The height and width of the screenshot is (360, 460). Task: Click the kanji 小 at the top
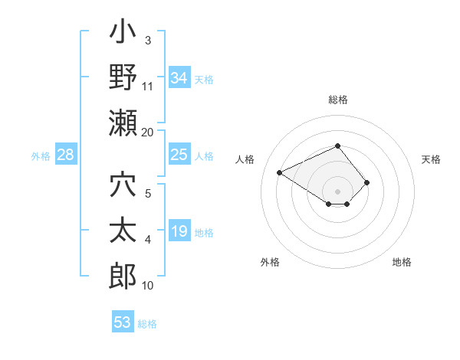[x=123, y=35]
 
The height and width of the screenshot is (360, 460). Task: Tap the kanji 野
[x=123, y=78]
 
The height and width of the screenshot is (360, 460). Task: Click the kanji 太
[x=123, y=232]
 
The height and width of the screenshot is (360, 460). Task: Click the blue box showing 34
[x=179, y=78]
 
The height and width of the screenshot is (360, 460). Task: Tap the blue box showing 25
[x=179, y=155]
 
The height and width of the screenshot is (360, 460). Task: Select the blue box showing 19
[x=179, y=232]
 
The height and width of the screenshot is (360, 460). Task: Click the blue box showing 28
[x=66, y=155]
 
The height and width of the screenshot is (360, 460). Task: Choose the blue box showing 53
[x=123, y=322]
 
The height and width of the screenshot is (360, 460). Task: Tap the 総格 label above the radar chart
[x=338, y=100]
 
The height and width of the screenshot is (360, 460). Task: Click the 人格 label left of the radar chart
[x=246, y=159]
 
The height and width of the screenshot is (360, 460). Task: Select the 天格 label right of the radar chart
[x=432, y=159]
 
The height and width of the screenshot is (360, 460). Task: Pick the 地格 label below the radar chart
[x=402, y=262]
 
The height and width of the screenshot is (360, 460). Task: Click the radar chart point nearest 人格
[x=280, y=172]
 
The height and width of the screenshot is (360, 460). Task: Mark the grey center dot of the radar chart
[x=337, y=191]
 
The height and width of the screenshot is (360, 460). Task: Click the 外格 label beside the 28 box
[x=41, y=156]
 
